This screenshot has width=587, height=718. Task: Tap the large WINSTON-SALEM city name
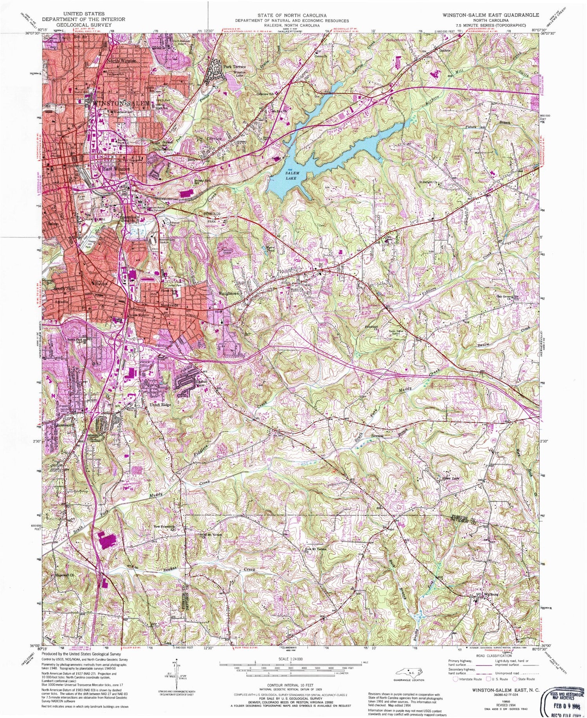121,103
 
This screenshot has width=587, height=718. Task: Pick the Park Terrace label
235,67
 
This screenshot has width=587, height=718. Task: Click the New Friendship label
164,527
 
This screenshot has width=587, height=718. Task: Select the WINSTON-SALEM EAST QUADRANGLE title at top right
485,15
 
